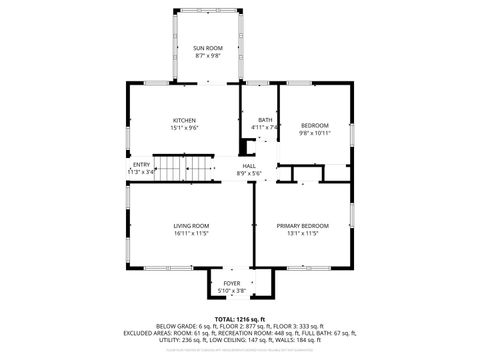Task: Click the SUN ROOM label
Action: tap(209, 47)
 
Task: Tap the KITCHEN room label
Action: tap(184, 120)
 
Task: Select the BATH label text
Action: tap(264, 120)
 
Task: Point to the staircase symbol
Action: tap(189, 168)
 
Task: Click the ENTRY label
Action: tap(141, 165)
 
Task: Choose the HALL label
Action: tap(248, 166)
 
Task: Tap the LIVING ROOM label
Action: tap(192, 226)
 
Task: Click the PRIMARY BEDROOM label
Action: tap(302, 226)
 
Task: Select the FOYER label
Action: tap(231, 284)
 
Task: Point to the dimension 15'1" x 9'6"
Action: tap(184, 127)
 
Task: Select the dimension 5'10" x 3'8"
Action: tap(231, 291)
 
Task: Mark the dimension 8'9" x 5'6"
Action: tap(248, 173)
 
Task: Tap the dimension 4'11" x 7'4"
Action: tap(264, 127)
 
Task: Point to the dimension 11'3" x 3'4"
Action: tap(141, 172)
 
